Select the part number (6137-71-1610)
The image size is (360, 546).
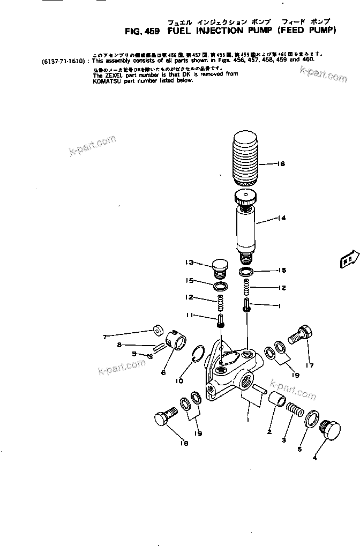point(63,62)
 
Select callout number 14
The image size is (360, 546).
point(282,218)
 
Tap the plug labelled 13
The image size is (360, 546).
point(220,267)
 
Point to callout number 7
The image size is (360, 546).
point(106,336)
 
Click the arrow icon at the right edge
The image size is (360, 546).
point(347,259)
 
